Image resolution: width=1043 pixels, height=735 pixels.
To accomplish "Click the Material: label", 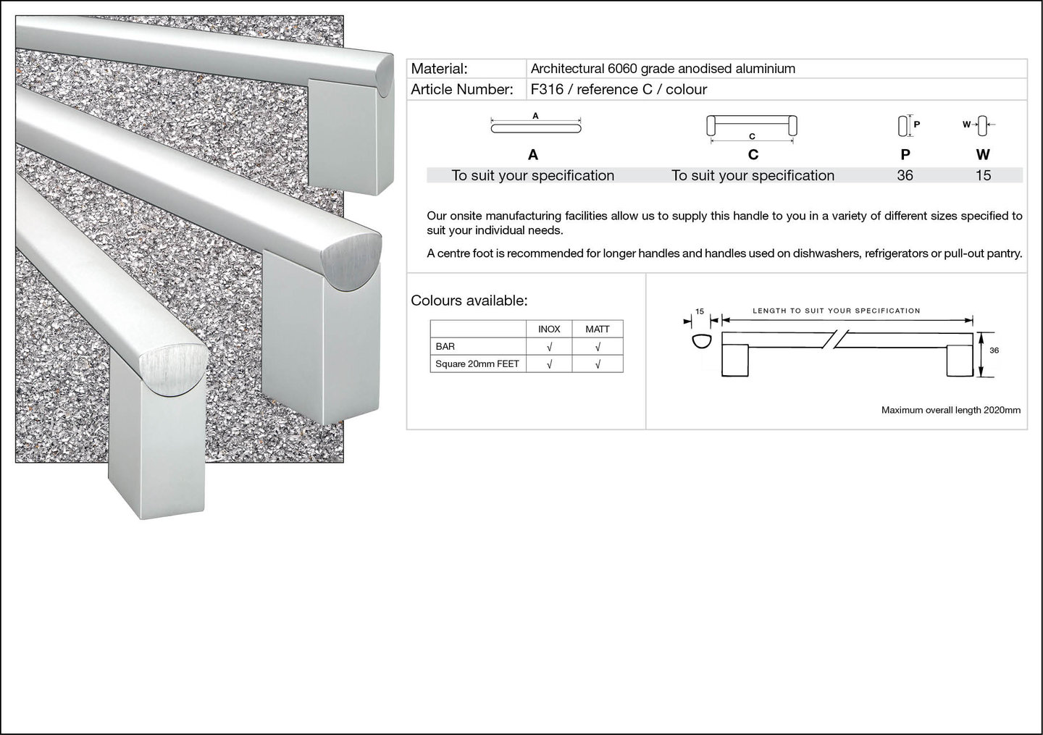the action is click(439, 69).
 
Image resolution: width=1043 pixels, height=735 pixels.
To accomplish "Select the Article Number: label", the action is click(462, 89).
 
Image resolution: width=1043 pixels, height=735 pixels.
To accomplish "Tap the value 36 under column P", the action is click(905, 175).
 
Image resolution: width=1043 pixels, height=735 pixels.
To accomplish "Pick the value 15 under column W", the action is click(983, 175).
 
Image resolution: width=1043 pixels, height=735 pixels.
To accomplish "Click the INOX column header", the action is click(549, 329).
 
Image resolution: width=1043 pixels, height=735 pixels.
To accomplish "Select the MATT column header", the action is click(598, 329).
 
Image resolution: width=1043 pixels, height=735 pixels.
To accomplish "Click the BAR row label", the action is click(445, 346).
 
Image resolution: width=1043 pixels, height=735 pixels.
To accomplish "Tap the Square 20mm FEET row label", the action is click(477, 364).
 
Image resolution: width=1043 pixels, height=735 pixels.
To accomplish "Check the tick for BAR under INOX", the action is click(550, 347).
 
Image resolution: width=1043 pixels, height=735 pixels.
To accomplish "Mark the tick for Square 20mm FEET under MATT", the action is click(598, 364).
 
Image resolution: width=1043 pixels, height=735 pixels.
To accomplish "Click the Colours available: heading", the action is click(469, 301).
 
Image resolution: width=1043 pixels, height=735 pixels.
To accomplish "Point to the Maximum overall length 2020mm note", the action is click(951, 410).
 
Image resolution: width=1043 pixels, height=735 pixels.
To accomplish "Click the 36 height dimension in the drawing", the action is click(994, 350).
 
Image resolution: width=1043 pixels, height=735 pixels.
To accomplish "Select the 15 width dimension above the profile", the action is click(700, 311).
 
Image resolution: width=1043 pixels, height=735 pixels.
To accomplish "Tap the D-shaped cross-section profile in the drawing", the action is click(702, 342).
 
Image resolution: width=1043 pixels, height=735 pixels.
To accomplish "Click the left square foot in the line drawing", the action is click(734, 361).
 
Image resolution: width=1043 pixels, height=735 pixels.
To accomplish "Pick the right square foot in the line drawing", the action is click(960, 361).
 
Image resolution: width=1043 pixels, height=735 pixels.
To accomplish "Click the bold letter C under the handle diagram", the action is click(753, 154).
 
